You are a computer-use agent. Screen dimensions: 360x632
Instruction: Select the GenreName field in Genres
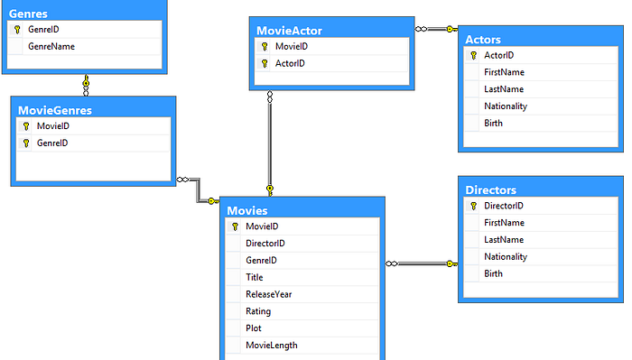pyautogui.click(x=51, y=46)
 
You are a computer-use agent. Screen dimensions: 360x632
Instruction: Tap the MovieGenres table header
pyautogui.click(x=55, y=110)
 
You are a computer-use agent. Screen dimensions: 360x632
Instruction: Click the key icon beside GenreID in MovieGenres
pyautogui.click(x=26, y=143)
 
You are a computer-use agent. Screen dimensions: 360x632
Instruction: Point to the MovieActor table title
pyautogui.click(x=289, y=31)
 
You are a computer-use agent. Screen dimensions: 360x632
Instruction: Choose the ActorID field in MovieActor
pyautogui.click(x=290, y=63)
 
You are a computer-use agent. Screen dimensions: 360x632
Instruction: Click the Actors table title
pyautogui.click(x=483, y=39)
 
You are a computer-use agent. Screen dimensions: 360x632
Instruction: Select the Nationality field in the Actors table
pyautogui.click(x=506, y=106)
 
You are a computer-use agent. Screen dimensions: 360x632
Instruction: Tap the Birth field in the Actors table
pyautogui.click(x=494, y=123)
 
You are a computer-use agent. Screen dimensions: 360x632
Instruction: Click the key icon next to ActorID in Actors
pyautogui.click(x=473, y=55)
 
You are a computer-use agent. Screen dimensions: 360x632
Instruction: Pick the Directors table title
pyautogui.click(x=490, y=189)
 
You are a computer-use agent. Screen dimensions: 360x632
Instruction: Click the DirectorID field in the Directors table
pyautogui.click(x=504, y=206)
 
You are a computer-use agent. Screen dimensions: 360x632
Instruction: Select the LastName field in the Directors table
pyautogui.click(x=504, y=239)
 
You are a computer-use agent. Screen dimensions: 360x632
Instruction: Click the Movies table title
pyautogui.click(x=247, y=210)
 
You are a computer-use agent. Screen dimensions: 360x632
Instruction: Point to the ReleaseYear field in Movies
pyautogui.click(x=268, y=293)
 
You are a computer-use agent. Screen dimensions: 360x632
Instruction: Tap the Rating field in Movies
pyautogui.click(x=258, y=310)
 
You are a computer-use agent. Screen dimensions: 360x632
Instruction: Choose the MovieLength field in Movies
pyautogui.click(x=271, y=345)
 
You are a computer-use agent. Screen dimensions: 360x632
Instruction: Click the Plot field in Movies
pyautogui.click(x=254, y=328)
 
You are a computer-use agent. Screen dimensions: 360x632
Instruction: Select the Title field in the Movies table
pyautogui.click(x=255, y=277)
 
